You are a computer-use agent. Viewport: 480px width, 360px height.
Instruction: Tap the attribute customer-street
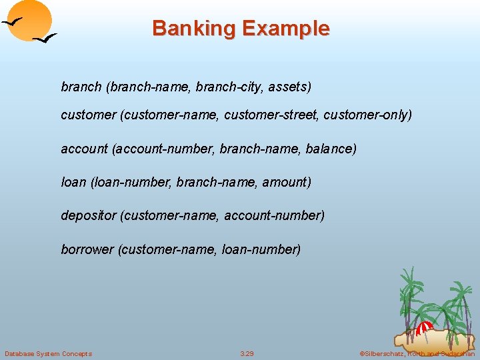271,115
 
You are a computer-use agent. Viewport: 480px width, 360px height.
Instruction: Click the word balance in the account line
329,149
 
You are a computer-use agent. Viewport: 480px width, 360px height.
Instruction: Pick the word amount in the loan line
285,182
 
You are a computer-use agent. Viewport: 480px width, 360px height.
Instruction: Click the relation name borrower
87,249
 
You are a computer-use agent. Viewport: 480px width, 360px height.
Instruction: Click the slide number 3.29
247,353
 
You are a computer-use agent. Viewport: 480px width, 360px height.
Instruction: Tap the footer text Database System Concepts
48,353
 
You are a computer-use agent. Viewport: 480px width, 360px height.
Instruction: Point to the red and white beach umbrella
424,327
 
